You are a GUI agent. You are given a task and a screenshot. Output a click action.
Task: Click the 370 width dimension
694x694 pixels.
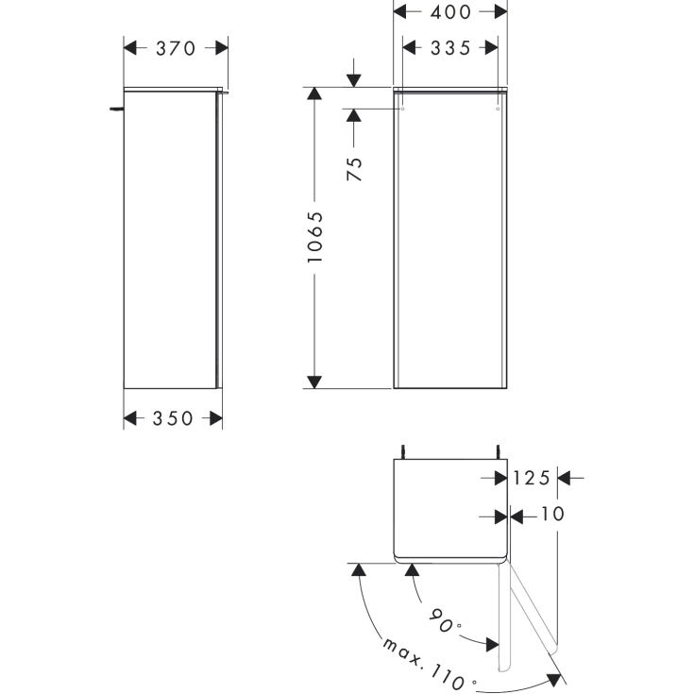click(176, 48)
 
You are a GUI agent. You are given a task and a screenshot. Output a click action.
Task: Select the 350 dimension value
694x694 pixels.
click(173, 418)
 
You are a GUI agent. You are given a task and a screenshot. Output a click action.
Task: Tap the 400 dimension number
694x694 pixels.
click(450, 12)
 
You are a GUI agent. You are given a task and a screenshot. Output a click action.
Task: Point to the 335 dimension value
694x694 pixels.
click(450, 48)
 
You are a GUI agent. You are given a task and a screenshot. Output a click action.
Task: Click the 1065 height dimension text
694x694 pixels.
click(315, 237)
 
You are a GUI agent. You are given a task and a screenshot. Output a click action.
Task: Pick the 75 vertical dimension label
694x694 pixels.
click(354, 169)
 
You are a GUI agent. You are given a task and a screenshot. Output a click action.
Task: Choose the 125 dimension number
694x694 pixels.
click(531, 478)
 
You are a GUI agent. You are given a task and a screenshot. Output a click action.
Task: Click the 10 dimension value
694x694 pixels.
click(552, 514)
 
